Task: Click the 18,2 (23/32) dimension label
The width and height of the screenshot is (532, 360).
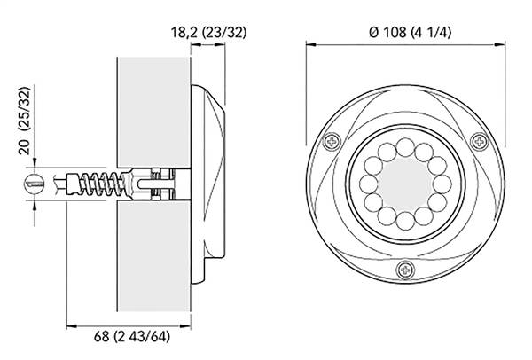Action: [x=208, y=33]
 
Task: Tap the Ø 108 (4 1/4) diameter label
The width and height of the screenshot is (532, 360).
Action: [x=411, y=32]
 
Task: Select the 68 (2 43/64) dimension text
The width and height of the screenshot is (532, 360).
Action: [x=131, y=337]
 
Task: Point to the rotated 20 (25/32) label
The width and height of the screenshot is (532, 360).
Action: [x=25, y=121]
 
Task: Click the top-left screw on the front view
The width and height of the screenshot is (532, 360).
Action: [x=332, y=141]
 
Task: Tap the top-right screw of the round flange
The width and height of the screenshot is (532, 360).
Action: [x=480, y=141]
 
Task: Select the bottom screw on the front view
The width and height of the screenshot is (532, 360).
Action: [x=406, y=270]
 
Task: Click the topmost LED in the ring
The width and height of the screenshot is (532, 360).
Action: [x=405, y=147]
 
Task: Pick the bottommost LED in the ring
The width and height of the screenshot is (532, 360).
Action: [x=405, y=221]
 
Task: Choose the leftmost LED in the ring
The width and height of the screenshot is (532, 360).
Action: [x=369, y=184]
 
